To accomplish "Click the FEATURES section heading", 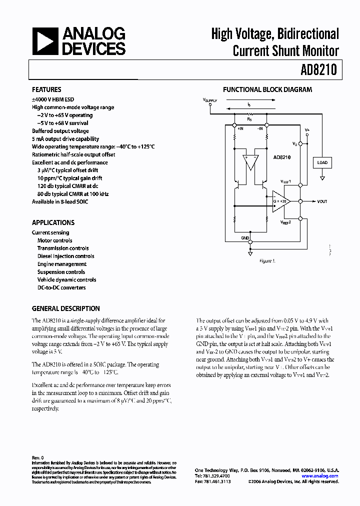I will pos(46,90).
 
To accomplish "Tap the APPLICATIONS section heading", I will pos(53,222).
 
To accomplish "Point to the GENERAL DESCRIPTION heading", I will pos(65,308).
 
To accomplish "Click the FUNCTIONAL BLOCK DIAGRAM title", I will pos(267,90).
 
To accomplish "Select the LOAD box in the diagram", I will pos(322,162).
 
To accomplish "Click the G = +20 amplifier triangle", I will pos(280,201).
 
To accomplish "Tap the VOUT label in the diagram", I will pos(322,201).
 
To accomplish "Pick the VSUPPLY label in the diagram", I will pos(210,100).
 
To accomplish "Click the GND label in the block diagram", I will pos(245,238).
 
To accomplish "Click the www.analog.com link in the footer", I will pos(320,476).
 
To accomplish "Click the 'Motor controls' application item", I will pos(54,240).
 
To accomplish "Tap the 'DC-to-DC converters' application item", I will pos(61,287).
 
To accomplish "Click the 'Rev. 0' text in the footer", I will pos(38,457).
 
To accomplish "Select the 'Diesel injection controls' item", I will pos(65,256).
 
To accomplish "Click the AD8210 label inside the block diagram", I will pos(281,156).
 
